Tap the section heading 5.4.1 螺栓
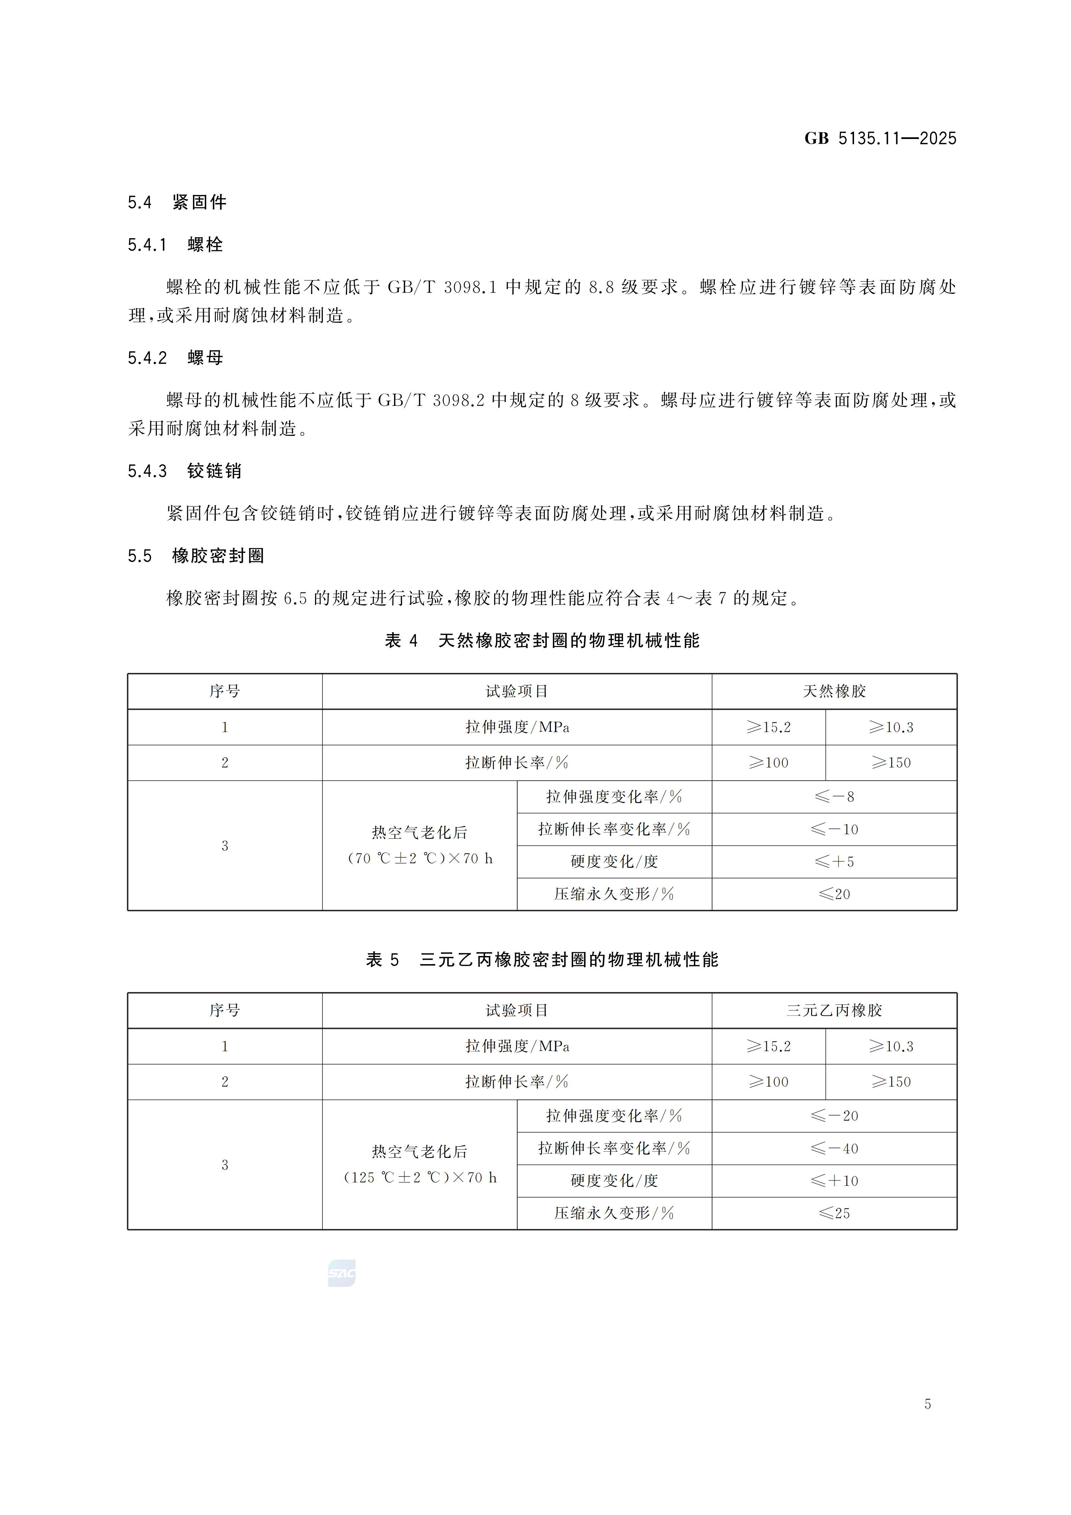click(x=175, y=245)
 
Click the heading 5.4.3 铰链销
click(x=185, y=471)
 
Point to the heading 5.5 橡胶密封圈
click(x=196, y=556)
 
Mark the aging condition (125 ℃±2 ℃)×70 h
click(x=420, y=1178)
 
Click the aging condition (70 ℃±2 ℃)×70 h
click(x=420, y=859)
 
